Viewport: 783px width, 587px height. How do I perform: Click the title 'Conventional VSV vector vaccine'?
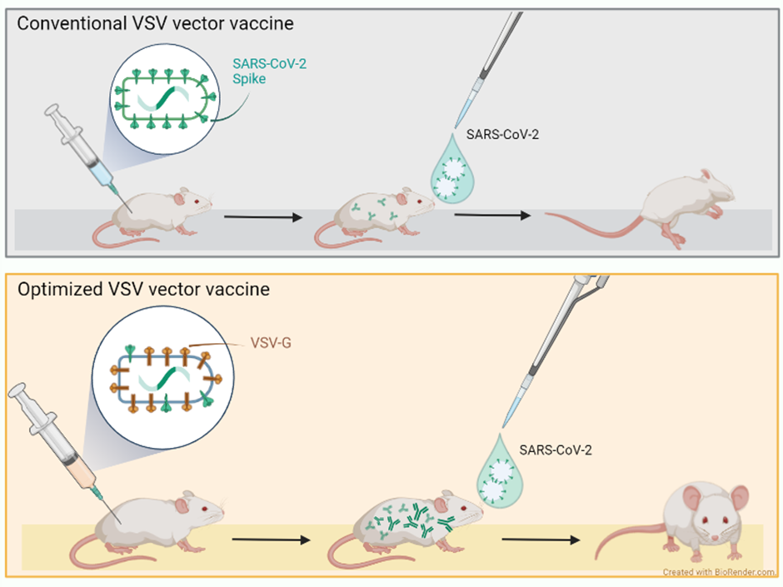click(x=155, y=22)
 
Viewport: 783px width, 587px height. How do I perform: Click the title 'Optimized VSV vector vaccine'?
click(x=144, y=290)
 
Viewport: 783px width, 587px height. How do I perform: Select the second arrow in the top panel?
click(x=492, y=216)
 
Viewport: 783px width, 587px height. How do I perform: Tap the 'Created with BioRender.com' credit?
click(x=719, y=572)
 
